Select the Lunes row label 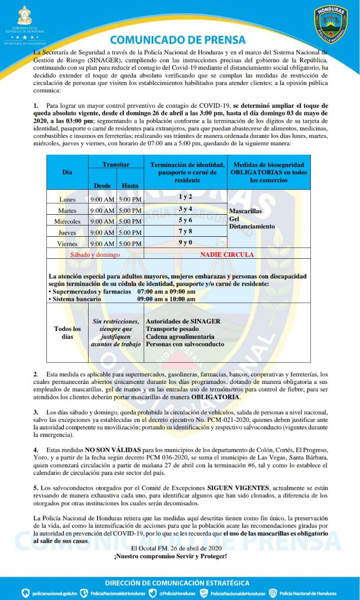[67, 200]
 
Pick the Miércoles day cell [67, 222]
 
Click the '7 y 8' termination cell [185, 231]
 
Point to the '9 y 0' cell [185, 242]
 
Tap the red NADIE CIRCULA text [227, 255]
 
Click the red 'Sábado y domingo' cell [95, 255]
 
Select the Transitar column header [116, 165]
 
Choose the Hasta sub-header [130, 186]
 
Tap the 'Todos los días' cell [67, 333]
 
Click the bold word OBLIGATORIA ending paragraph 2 [216, 397]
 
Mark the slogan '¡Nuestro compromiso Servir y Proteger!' [171, 556]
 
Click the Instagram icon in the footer [273, 593]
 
